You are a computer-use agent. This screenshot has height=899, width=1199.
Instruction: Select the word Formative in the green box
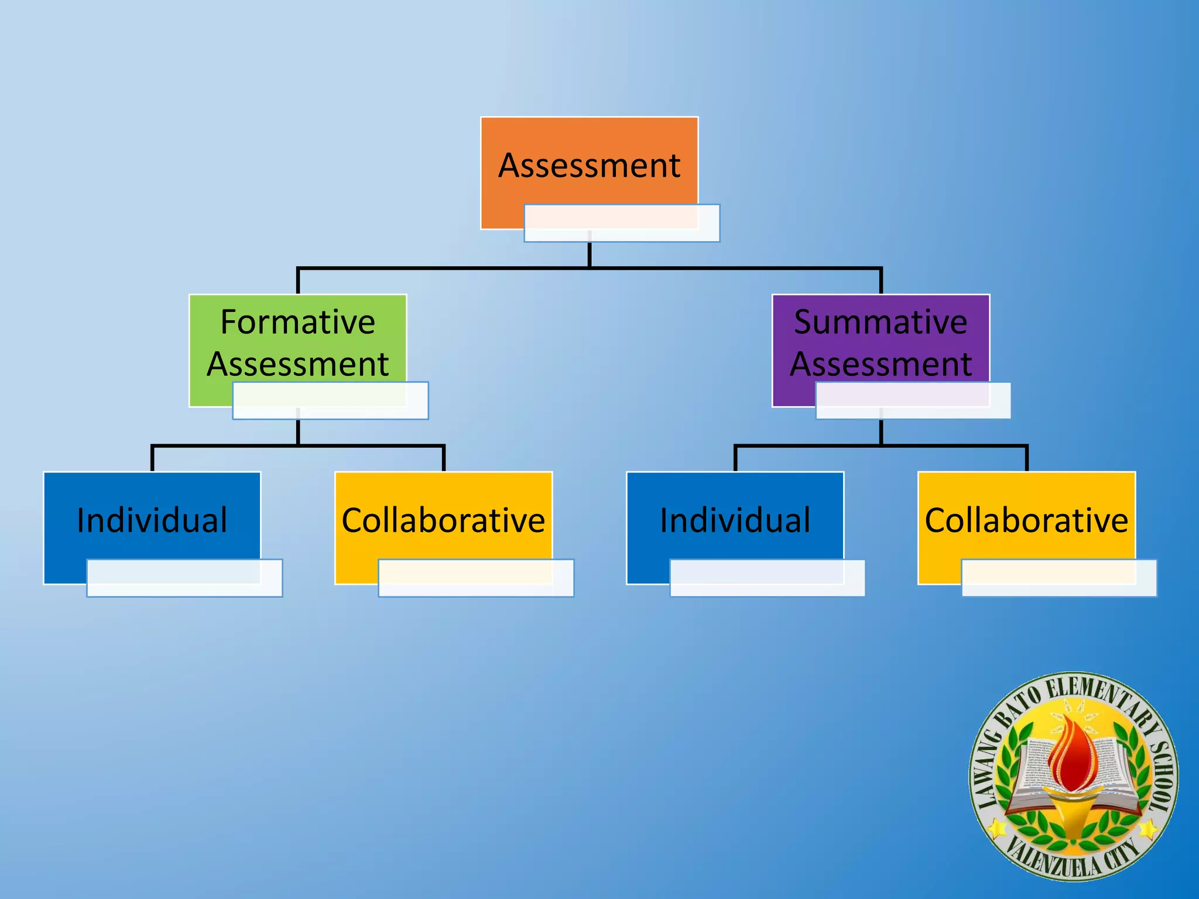click(x=297, y=322)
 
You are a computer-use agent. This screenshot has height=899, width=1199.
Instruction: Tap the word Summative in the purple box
click(x=881, y=322)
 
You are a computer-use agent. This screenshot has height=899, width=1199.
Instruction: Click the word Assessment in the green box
click(x=297, y=364)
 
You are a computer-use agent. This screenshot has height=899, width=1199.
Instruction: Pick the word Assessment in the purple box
click(x=881, y=364)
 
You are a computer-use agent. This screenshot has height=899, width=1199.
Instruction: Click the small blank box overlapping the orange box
click(x=622, y=223)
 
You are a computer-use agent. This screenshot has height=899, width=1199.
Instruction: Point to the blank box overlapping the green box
click(x=330, y=401)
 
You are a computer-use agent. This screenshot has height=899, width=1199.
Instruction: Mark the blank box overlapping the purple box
click(x=913, y=401)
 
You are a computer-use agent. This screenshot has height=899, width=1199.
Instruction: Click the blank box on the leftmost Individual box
click(x=184, y=578)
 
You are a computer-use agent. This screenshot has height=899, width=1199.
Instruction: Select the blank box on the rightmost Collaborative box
click(x=1059, y=578)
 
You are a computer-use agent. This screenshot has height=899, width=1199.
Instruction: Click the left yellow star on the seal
click(x=997, y=828)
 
